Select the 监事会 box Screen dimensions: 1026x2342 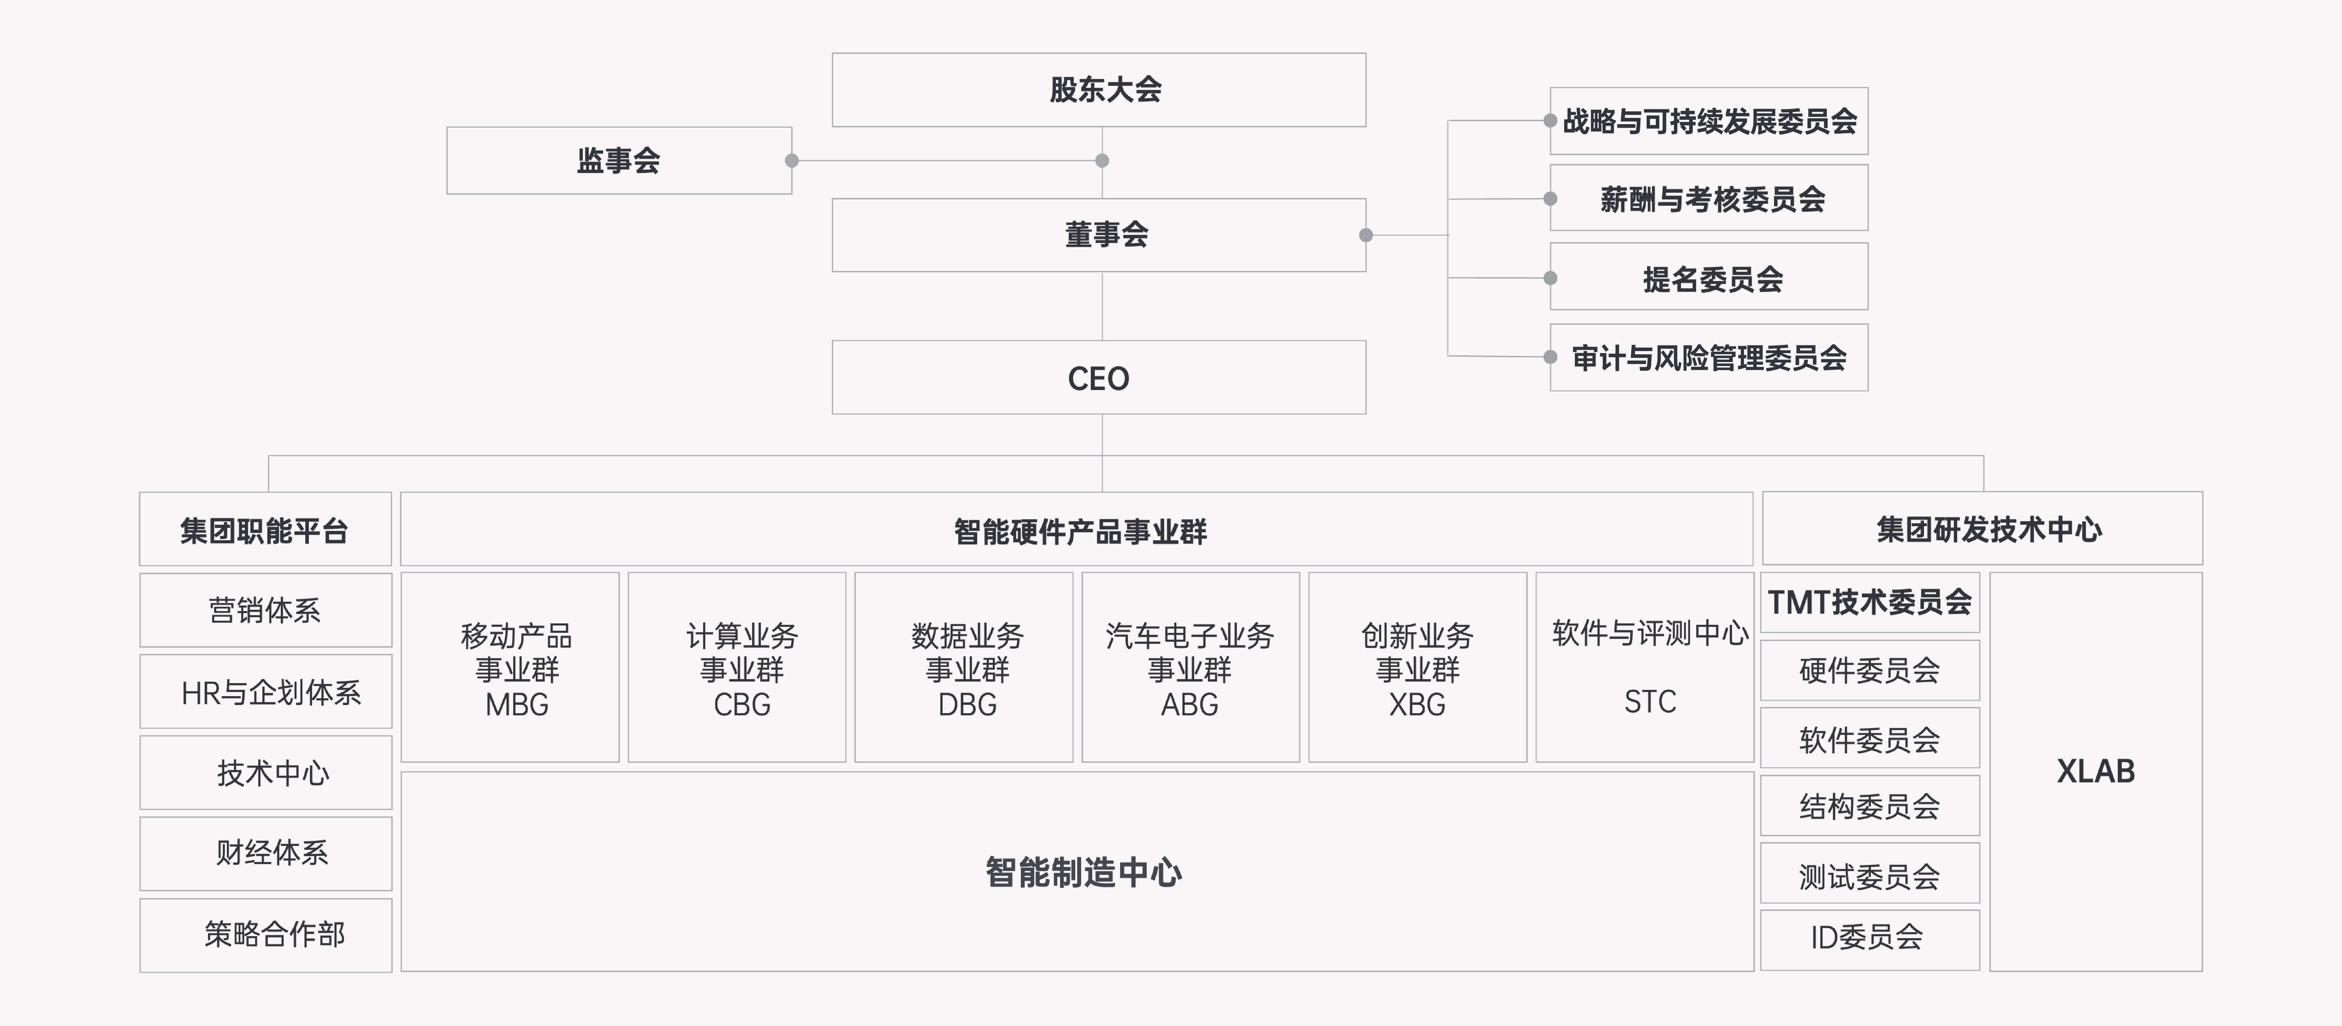point(618,160)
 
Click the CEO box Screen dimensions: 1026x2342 point(1098,377)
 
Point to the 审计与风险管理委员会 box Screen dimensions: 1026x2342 point(1709,358)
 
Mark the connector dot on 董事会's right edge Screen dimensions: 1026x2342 point(1366,235)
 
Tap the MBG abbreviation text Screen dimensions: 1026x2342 point(516,705)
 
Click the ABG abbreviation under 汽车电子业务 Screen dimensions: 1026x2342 point(1189,705)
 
